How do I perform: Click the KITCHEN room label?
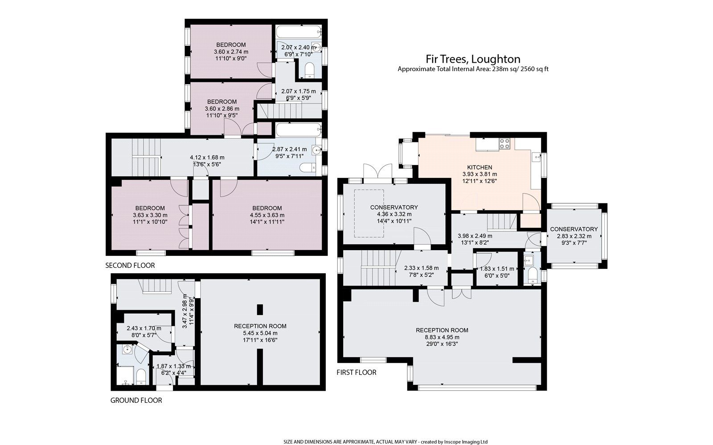pos(479,167)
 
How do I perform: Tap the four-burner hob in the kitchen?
pos(504,143)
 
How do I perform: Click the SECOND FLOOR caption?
pos(130,266)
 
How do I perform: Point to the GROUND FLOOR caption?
pos(136,400)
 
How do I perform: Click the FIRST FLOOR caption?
pos(356,372)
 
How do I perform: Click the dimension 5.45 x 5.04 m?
pos(260,333)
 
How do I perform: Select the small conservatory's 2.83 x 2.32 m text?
pos(574,236)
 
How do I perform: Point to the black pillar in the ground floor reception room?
pos(260,309)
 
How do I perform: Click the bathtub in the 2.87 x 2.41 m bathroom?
pos(298,130)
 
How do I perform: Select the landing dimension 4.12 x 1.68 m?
pos(207,158)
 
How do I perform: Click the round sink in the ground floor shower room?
pos(127,349)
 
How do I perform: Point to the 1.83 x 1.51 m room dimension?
pos(496,269)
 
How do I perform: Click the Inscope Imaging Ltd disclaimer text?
pos(386,442)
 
